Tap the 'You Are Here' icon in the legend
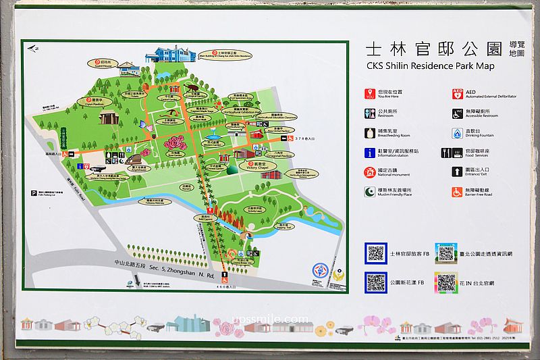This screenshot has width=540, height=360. (370, 94)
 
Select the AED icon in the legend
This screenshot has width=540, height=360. (458, 94)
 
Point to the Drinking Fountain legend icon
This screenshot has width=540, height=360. (458, 133)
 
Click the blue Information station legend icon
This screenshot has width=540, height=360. (370, 153)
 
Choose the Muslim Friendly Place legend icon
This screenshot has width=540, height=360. (370, 192)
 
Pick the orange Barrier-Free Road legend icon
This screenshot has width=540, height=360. (458, 192)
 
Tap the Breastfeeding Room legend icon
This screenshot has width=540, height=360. (370, 133)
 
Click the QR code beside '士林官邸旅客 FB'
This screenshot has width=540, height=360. (375, 253)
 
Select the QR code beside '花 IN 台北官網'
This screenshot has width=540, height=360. (446, 282)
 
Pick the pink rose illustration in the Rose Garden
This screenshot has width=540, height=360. (167, 143)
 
